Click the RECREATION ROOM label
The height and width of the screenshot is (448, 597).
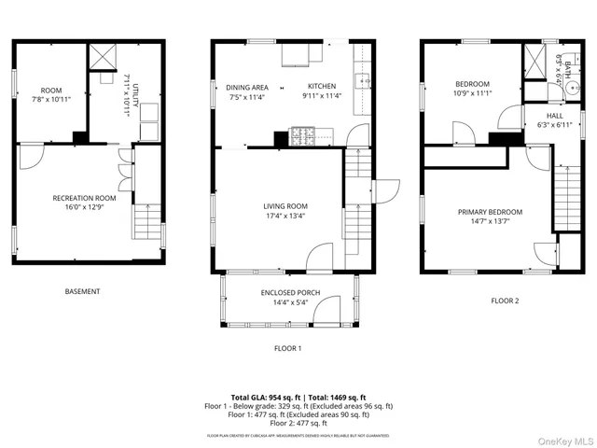coord(84,198)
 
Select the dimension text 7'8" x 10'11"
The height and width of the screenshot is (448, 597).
coord(50,99)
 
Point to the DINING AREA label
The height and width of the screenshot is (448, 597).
coord(247,88)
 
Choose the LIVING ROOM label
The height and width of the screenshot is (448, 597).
coord(285,206)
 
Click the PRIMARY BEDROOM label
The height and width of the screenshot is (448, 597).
coord(490,212)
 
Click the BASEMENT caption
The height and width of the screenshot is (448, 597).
coord(82,291)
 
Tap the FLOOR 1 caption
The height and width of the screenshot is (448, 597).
coord(287,348)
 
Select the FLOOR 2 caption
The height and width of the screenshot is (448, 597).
coord(505,301)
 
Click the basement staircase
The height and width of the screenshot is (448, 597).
coord(146,222)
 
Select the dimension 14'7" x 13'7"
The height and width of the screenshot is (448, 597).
coord(490,222)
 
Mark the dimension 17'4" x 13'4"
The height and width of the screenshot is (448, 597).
coord(285,217)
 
